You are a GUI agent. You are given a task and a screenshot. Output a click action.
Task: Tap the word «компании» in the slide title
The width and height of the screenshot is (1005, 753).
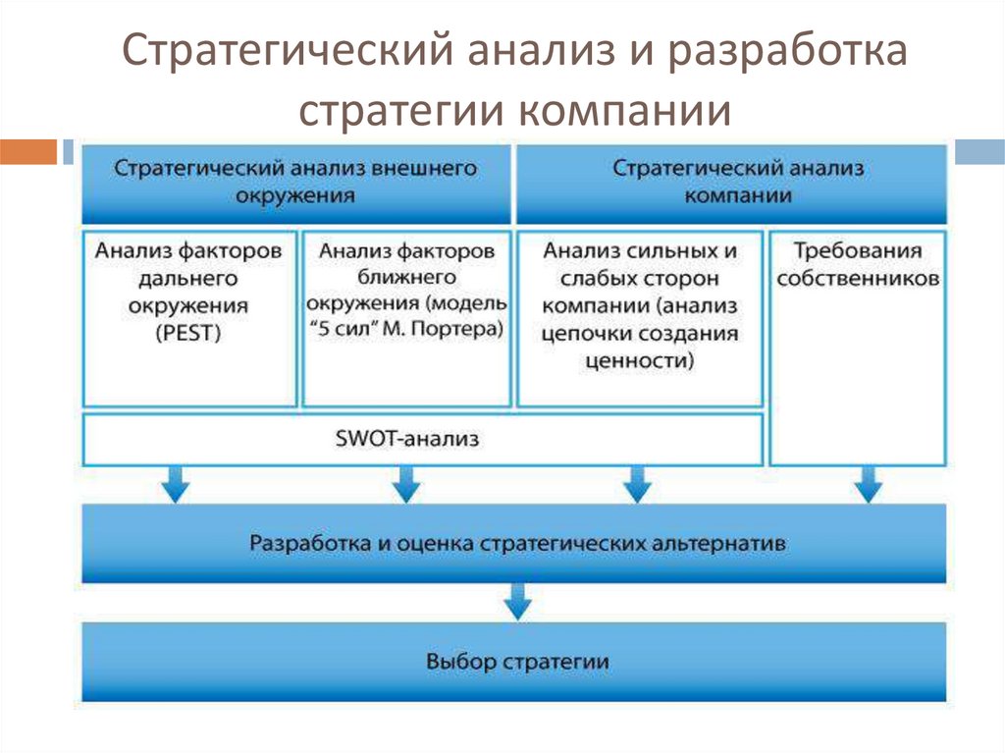point(619,110)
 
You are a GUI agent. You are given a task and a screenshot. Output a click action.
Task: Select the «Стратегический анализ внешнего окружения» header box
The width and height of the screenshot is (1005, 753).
point(295,182)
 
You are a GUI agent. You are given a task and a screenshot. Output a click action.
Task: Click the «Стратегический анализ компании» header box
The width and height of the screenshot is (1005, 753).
point(731,182)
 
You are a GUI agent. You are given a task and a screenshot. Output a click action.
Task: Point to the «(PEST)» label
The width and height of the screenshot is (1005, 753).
point(187,333)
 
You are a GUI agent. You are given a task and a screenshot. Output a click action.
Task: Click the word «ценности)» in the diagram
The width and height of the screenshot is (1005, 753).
point(639,360)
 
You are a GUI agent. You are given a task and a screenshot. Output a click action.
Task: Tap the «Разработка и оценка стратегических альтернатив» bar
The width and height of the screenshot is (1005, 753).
point(515,542)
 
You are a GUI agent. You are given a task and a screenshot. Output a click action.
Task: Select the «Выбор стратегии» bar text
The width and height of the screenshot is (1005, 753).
point(517,661)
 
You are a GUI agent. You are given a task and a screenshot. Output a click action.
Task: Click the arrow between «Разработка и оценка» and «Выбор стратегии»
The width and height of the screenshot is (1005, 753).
point(516,600)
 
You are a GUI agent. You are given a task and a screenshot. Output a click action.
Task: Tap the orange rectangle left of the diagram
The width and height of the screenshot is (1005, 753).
point(28,152)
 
